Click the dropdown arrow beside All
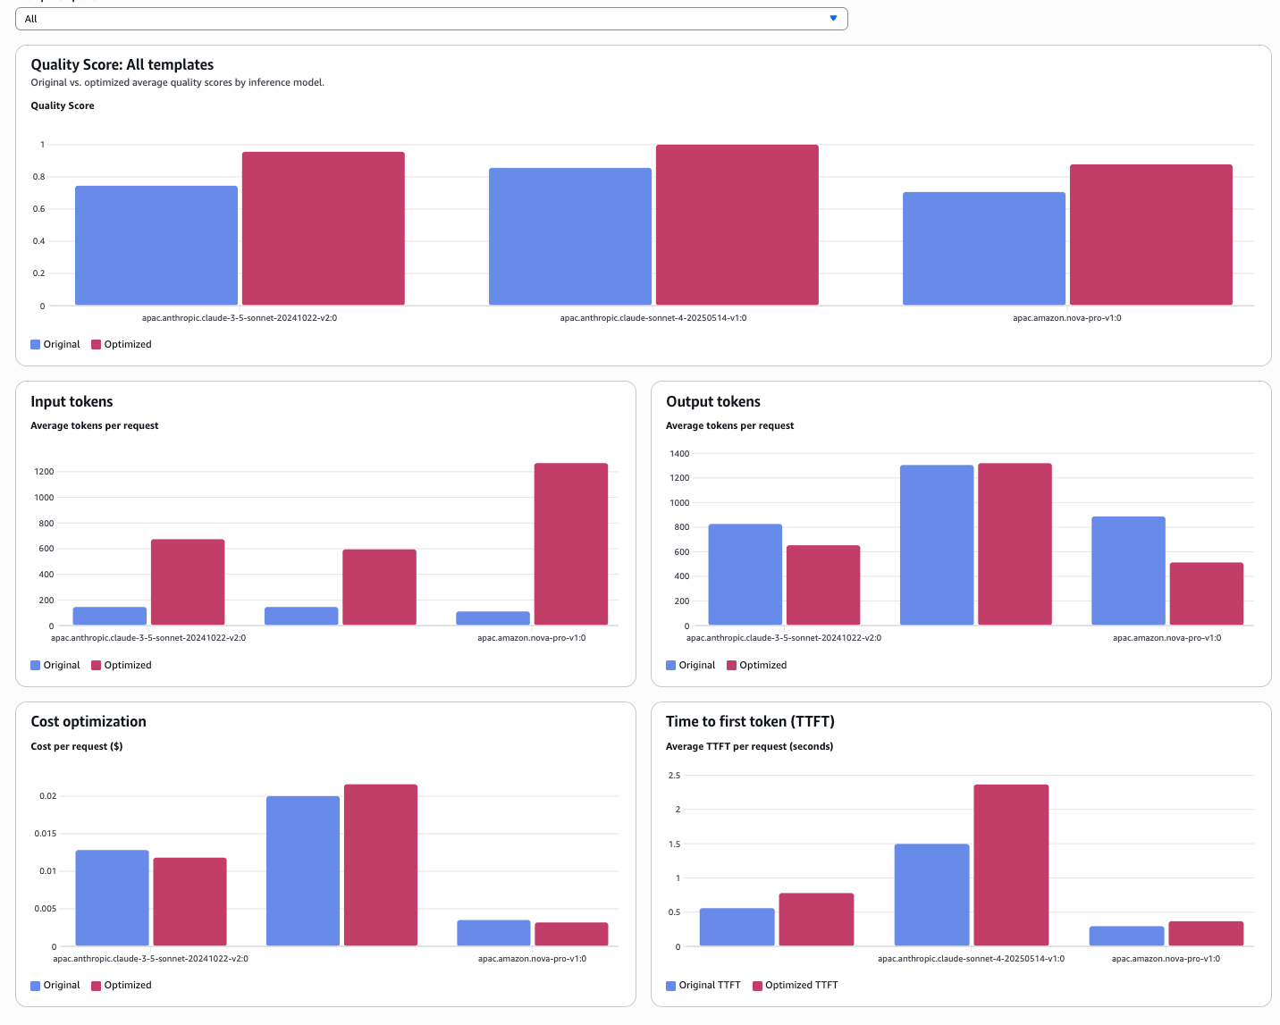click(x=833, y=19)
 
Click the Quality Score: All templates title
click(x=122, y=64)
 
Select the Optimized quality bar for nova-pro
click(x=1150, y=234)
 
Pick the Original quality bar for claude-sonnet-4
click(x=569, y=236)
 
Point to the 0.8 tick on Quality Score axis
click(x=38, y=177)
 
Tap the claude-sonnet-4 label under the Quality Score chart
click(x=653, y=317)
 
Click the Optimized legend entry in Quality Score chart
click(x=122, y=344)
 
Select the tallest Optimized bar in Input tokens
click(x=570, y=543)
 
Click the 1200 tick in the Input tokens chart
click(x=44, y=471)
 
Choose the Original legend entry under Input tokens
click(x=55, y=665)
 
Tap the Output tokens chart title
click(x=712, y=401)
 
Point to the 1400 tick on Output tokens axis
click(x=679, y=453)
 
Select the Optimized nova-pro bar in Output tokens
click(x=1206, y=593)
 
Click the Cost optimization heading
click(x=88, y=721)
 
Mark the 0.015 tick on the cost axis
click(x=46, y=833)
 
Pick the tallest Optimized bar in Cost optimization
click(x=380, y=864)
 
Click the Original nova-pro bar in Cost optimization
click(x=493, y=932)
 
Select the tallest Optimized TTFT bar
click(x=1011, y=864)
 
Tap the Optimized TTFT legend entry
click(x=795, y=985)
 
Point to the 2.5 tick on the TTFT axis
click(x=674, y=775)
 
